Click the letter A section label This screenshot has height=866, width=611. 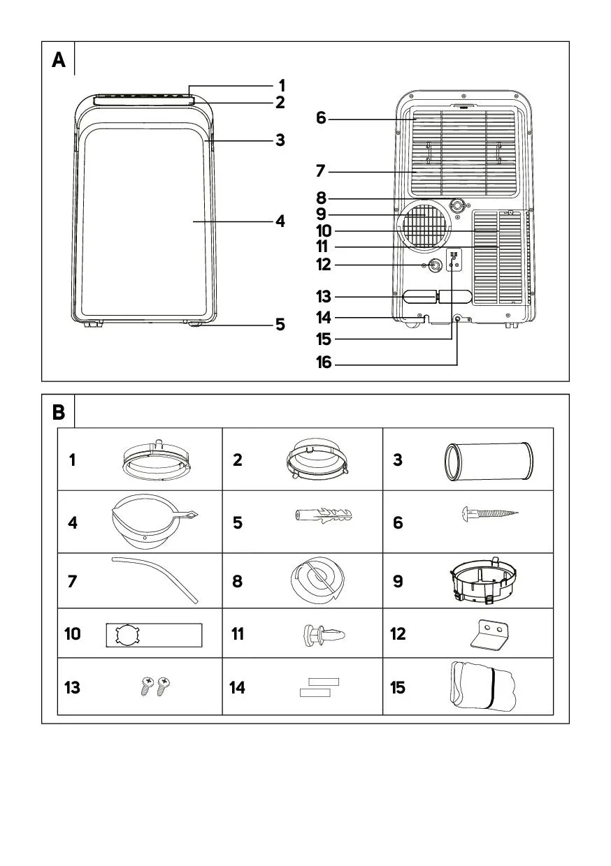coord(59,61)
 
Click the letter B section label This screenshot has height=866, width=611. coord(59,413)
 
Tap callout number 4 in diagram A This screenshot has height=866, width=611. coord(280,221)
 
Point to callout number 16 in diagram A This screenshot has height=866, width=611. coord(324,364)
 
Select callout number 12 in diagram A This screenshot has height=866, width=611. coord(324,265)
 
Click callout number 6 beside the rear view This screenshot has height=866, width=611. coord(321,118)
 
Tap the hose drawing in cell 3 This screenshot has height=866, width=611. coord(489,460)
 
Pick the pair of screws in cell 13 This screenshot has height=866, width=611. coord(155,687)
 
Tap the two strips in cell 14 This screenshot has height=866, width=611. coord(319,687)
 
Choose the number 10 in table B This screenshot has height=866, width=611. coord(73,634)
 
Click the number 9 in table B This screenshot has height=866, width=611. coord(398,581)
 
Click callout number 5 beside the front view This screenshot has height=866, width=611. coord(280,325)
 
